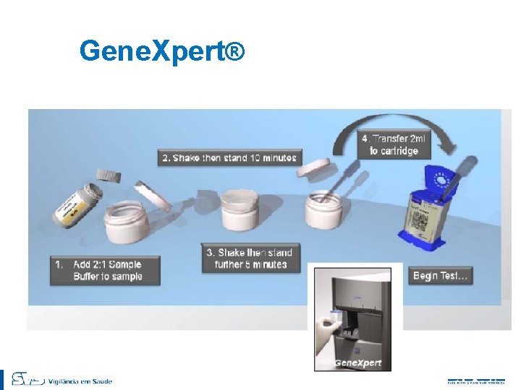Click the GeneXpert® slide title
pos(163,52)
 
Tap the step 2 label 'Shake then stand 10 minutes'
pos(229,157)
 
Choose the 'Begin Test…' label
pos(441,276)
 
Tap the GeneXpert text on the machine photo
pos(357,362)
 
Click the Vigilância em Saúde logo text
pos(80,381)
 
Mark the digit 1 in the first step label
pos(59,264)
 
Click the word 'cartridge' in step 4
pos(394,151)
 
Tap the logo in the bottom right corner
pos(475,380)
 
